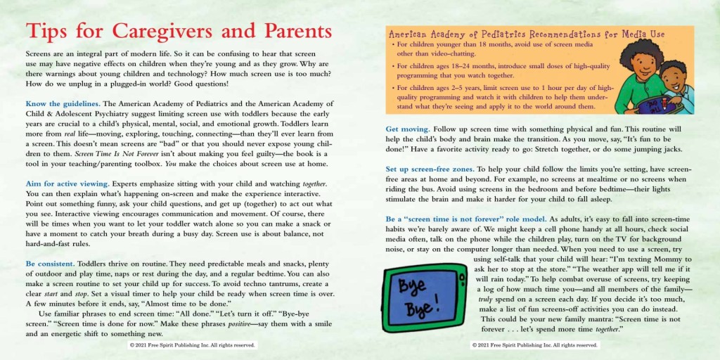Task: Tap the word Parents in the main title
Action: click(x=293, y=32)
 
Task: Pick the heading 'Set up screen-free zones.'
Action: click(x=430, y=169)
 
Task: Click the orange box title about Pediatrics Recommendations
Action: click(x=526, y=34)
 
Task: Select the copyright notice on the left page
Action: click(x=191, y=345)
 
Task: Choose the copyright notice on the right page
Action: click(x=535, y=345)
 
